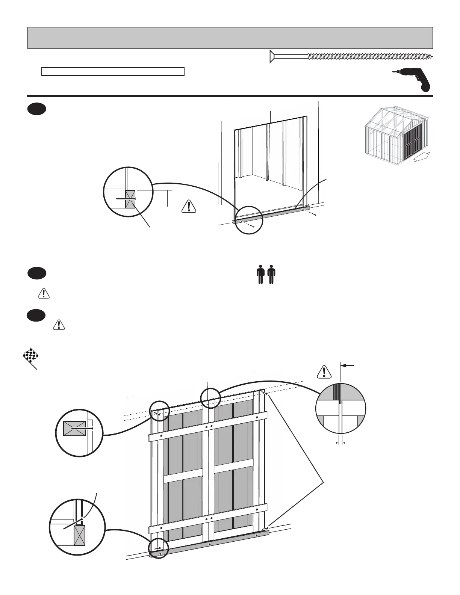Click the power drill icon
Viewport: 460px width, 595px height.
[x=412, y=80]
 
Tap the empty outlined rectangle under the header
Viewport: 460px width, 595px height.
[x=113, y=72]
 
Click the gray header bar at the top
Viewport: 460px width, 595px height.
[x=230, y=38]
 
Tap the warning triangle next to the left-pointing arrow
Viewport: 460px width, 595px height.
[x=324, y=371]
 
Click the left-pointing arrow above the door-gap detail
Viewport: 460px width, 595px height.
[x=347, y=365]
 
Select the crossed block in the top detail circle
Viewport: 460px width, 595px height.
[x=130, y=199]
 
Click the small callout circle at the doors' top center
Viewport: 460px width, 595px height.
[x=210, y=398]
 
